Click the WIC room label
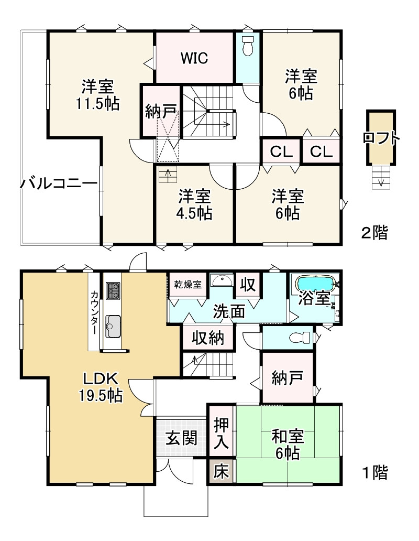[x=194, y=58]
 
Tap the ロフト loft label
[x=381, y=138]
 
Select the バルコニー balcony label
[x=59, y=184]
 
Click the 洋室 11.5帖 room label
[x=97, y=94]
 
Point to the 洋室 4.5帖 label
[x=194, y=205]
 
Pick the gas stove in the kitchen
[x=113, y=290]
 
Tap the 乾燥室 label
[x=188, y=284]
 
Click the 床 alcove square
[x=222, y=472]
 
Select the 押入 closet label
[x=222, y=434]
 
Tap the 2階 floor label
[x=374, y=232]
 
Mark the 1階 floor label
[x=374, y=473]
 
